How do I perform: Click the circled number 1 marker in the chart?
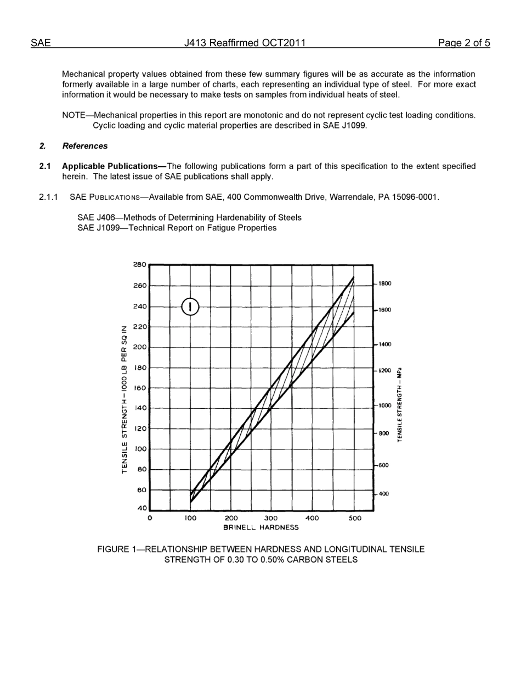coord(190,307)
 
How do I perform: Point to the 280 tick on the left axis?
coord(139,265)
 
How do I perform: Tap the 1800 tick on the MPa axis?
coord(384,284)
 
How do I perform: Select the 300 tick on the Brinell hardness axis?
coord(271,518)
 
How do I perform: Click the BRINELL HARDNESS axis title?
coord(260,527)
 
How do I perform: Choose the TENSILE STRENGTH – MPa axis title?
coord(400,404)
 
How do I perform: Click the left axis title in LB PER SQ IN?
coord(124,399)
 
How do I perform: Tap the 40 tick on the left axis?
coord(141,508)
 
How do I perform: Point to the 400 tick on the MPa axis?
coord(383,494)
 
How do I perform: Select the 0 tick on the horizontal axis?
coord(150,518)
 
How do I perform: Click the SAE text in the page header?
coord(41,43)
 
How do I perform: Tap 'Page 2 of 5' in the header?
coord(463,43)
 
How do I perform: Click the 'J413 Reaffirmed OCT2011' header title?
coord(245,43)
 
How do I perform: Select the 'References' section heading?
coord(85,146)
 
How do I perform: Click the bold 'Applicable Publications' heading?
coord(110,166)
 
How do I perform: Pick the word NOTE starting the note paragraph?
coord(73,115)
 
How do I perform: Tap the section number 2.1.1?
coord(48,197)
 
